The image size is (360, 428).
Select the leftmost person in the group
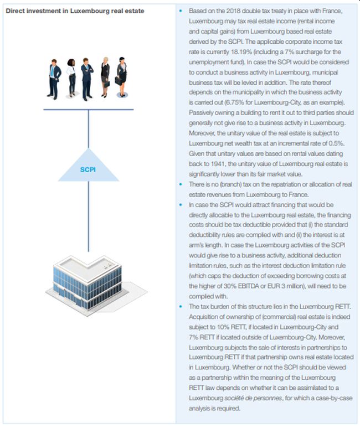pos(54,78)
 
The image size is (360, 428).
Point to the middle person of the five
pos(88,78)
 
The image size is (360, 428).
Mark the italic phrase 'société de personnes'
pos(250,399)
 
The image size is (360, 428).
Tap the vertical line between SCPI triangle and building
pos(89,216)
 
